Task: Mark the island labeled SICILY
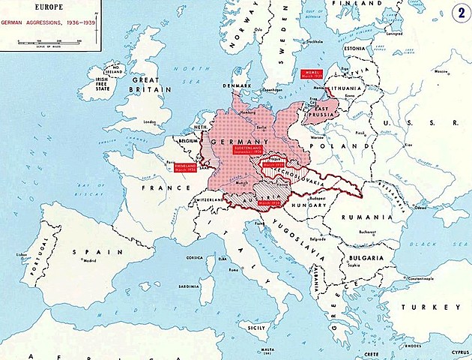click(257, 328)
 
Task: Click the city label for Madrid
click(89, 261)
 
